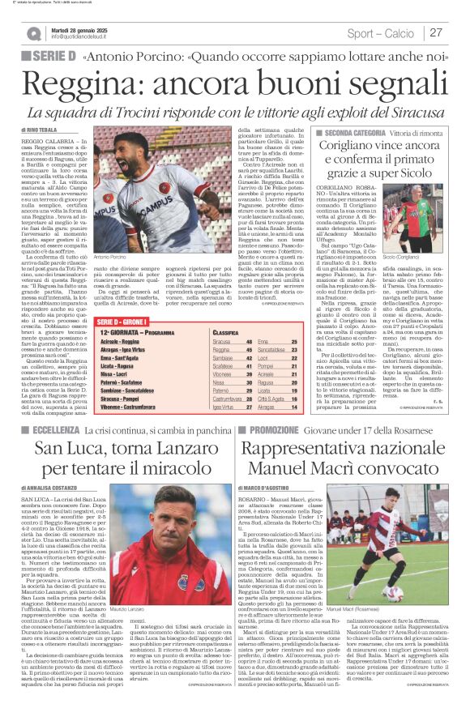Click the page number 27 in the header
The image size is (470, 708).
click(436, 32)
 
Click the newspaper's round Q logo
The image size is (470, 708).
click(33, 33)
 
